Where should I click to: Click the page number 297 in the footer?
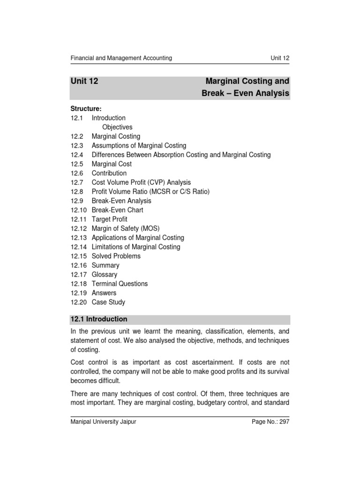coord(284,422)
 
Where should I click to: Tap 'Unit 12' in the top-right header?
coord(280,58)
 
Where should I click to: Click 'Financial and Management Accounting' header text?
coord(121,58)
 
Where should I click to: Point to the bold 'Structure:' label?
coord(86,109)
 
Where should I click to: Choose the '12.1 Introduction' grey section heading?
coord(99,319)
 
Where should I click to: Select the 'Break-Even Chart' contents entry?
coord(118,210)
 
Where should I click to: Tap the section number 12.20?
coord(79,302)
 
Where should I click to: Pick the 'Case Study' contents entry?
coord(108,302)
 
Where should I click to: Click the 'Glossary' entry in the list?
coord(104,275)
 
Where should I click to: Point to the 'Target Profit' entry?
coord(109,219)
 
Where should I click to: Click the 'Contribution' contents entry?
coord(109,173)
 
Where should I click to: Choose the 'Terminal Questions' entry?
coord(120,284)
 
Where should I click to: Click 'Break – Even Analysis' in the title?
coord(245,94)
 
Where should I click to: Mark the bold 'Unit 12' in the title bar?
coord(84,81)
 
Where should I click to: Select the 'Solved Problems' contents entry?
coord(116,256)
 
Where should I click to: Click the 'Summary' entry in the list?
coord(105,265)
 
